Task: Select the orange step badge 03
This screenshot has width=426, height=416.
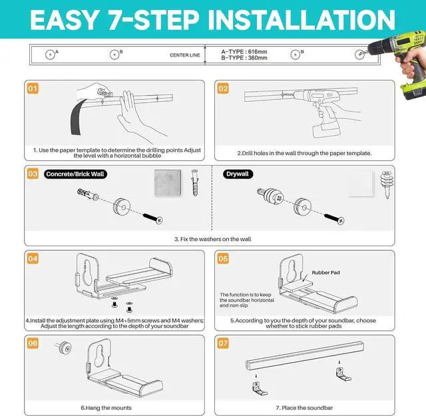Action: pyautogui.click(x=32, y=174)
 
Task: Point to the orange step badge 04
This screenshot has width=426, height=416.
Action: pyautogui.click(x=32, y=259)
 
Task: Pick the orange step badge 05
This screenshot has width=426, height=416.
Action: pyautogui.click(x=223, y=259)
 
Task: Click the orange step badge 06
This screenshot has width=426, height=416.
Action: pyautogui.click(x=32, y=343)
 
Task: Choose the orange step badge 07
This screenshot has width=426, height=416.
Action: pyautogui.click(x=223, y=343)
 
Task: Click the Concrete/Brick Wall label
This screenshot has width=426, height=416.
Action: pyautogui.click(x=76, y=174)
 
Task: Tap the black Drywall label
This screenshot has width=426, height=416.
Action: pyautogui.click(x=238, y=174)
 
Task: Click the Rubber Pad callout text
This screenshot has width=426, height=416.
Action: pyautogui.click(x=325, y=272)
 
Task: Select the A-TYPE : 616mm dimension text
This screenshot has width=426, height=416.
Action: pyautogui.click(x=244, y=51)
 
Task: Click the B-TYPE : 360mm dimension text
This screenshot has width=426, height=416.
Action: pyautogui.click(x=244, y=58)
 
